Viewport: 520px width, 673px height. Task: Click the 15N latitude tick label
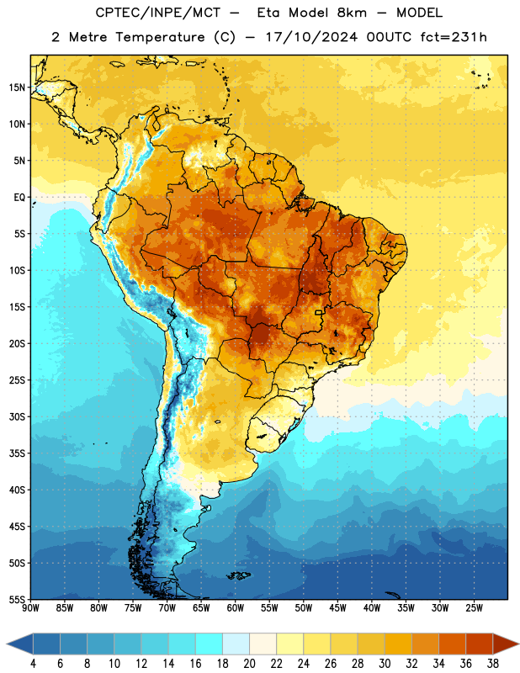(17, 87)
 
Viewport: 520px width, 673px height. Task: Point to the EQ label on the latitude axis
(19, 198)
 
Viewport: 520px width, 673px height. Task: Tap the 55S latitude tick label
(17, 599)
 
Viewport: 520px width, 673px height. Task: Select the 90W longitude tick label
(30, 608)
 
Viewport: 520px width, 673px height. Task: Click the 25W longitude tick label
(474, 608)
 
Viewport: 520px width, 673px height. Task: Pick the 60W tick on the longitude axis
(236, 608)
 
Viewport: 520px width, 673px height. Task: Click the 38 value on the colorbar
(493, 664)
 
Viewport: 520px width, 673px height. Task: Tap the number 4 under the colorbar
(33, 664)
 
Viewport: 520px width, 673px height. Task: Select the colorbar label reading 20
(249, 664)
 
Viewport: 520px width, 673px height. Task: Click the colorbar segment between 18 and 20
(236, 644)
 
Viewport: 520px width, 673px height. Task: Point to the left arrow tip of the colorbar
(7, 644)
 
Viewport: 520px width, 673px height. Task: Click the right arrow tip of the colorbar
(518, 644)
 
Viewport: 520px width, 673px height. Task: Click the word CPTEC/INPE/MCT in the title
(157, 13)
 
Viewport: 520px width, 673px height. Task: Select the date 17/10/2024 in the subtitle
(311, 37)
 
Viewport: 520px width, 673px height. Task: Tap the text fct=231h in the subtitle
(454, 37)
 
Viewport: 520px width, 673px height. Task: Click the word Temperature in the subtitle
(160, 37)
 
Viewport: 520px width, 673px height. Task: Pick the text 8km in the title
(352, 13)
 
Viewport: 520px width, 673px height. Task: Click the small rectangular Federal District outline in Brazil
(319, 312)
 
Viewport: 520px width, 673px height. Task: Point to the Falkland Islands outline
(239, 575)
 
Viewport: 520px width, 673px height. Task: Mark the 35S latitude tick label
(17, 453)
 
